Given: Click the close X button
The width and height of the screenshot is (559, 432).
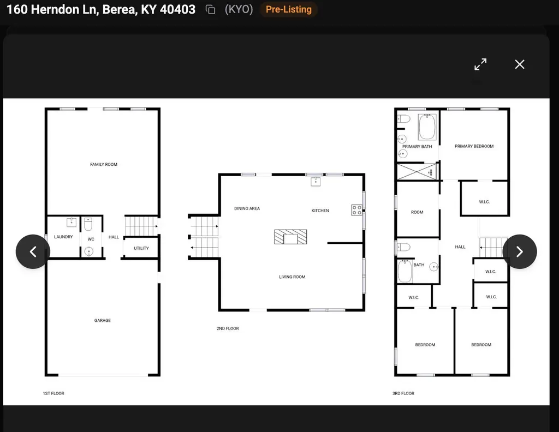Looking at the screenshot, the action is pyautogui.click(x=520, y=64).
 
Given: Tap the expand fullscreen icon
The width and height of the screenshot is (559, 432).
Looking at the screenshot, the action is pyautogui.click(x=480, y=64).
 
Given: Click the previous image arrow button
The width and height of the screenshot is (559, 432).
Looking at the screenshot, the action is pyautogui.click(x=33, y=251).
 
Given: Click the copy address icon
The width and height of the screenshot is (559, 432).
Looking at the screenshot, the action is pyautogui.click(x=210, y=10).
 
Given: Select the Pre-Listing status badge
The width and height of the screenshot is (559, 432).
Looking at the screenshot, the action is pyautogui.click(x=288, y=9).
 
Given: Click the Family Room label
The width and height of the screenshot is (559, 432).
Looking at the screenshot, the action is pyautogui.click(x=104, y=165).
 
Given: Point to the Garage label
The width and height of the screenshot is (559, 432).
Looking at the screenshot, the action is pyautogui.click(x=102, y=321).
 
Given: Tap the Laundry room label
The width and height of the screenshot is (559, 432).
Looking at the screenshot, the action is pyautogui.click(x=63, y=237).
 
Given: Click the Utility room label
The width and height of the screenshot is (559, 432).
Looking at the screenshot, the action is pyautogui.click(x=141, y=248).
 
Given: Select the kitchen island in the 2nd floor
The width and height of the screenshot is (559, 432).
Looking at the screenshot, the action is pyautogui.click(x=290, y=237).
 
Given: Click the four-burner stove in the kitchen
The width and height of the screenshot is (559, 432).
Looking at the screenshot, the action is pyautogui.click(x=356, y=210).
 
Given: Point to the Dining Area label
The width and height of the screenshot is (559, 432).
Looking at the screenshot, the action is pyautogui.click(x=247, y=208).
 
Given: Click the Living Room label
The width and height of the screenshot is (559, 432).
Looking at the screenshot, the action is pyautogui.click(x=292, y=277).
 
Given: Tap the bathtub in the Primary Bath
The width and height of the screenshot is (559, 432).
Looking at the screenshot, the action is pyautogui.click(x=427, y=127).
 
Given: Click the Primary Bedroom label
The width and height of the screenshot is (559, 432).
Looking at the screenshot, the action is pyautogui.click(x=474, y=146).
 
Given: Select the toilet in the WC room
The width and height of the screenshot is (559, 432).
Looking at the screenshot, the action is pyautogui.click(x=88, y=224).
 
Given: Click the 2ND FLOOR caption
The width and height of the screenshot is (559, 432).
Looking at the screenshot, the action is pyautogui.click(x=228, y=328).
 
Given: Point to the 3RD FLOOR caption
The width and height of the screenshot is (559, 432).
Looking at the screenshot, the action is pyautogui.click(x=403, y=393).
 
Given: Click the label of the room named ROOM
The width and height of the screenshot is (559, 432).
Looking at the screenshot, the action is pyautogui.click(x=417, y=212).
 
